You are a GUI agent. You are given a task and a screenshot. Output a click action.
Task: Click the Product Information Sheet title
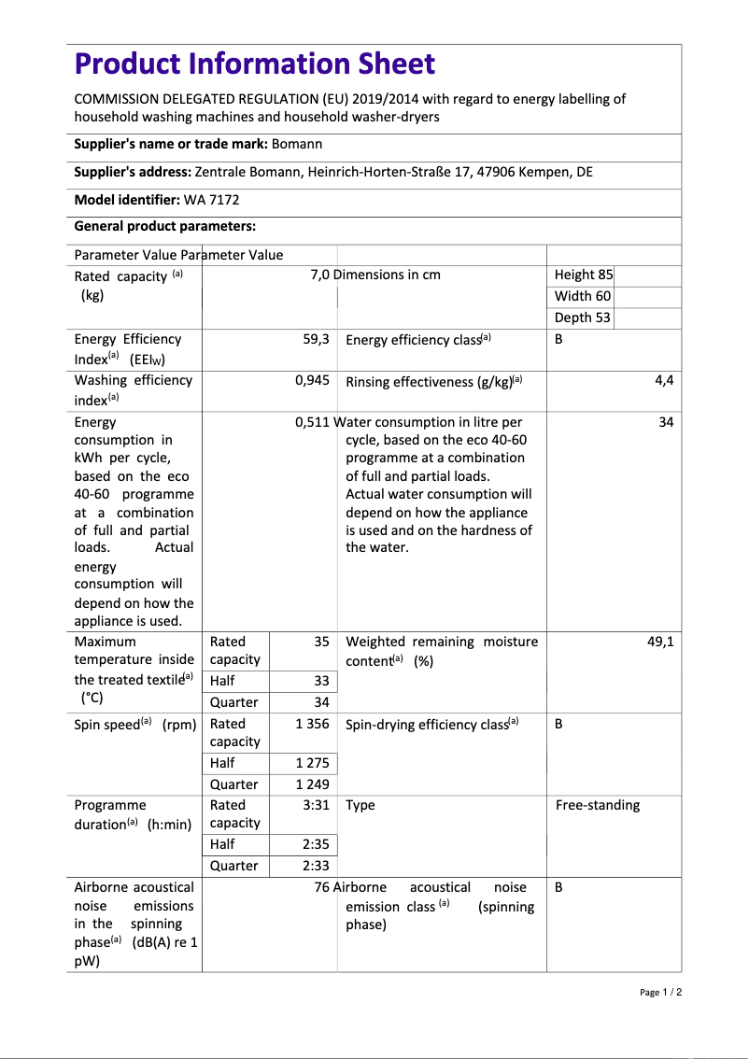pyautogui.click(x=254, y=64)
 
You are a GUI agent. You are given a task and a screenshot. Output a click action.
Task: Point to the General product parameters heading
pyautogui.click(x=164, y=227)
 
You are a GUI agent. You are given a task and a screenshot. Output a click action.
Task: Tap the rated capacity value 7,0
pyautogui.click(x=319, y=275)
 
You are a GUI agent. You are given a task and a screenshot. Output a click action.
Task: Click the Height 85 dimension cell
pyautogui.click(x=584, y=275)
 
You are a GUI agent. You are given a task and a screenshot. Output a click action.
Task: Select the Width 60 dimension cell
pyautogui.click(x=583, y=296)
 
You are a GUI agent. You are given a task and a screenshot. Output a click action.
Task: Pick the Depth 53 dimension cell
pyautogui.click(x=583, y=318)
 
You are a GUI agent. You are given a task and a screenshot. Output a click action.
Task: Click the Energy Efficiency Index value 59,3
pyautogui.click(x=316, y=339)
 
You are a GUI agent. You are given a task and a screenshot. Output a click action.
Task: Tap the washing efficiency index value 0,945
pyautogui.click(x=312, y=380)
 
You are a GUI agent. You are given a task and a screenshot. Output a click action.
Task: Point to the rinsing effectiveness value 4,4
pyautogui.click(x=664, y=380)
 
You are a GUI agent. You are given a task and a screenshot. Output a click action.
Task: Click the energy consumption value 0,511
pyautogui.click(x=312, y=422)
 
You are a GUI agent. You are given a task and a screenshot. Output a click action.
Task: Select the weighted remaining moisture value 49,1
pyautogui.click(x=660, y=642)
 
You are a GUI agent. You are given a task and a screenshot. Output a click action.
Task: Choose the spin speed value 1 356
pyautogui.click(x=312, y=724)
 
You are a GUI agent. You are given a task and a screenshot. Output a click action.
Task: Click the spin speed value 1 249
pyautogui.click(x=312, y=784)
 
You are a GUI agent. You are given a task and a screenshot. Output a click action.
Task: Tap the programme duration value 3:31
pyautogui.click(x=316, y=805)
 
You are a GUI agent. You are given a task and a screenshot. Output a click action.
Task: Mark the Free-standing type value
pyautogui.click(x=598, y=805)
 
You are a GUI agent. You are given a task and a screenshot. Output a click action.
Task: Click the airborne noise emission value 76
pyautogui.click(x=322, y=887)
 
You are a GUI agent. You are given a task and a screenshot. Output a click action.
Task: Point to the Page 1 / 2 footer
pyautogui.click(x=661, y=992)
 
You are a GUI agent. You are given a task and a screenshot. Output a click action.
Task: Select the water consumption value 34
pyautogui.click(x=666, y=422)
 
